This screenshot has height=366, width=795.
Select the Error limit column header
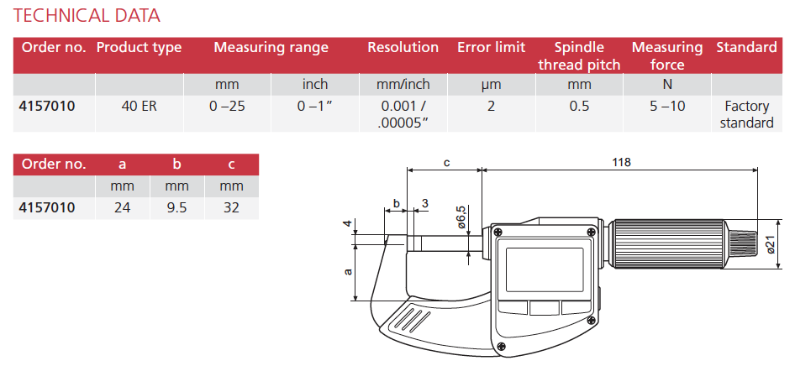click(x=491, y=48)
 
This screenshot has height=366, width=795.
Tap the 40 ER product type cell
click(x=138, y=107)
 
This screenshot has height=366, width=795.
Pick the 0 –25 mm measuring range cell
click(x=227, y=107)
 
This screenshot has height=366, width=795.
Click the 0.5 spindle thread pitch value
click(x=579, y=107)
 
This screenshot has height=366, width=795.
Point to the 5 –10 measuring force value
click(x=666, y=107)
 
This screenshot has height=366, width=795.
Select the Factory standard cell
click(x=746, y=115)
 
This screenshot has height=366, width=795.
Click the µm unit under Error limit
click(x=491, y=85)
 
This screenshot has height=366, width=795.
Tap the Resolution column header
click(x=403, y=48)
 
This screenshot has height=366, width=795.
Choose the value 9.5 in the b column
click(x=176, y=207)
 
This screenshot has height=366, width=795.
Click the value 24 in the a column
click(x=122, y=207)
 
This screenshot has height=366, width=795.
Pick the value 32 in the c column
click(x=231, y=207)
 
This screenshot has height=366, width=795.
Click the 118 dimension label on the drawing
click(x=622, y=162)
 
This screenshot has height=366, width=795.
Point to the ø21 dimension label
click(x=770, y=243)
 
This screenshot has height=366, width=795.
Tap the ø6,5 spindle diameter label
click(x=461, y=217)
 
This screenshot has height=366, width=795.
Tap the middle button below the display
click(x=544, y=308)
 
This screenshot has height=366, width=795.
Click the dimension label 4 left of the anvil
click(x=346, y=223)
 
